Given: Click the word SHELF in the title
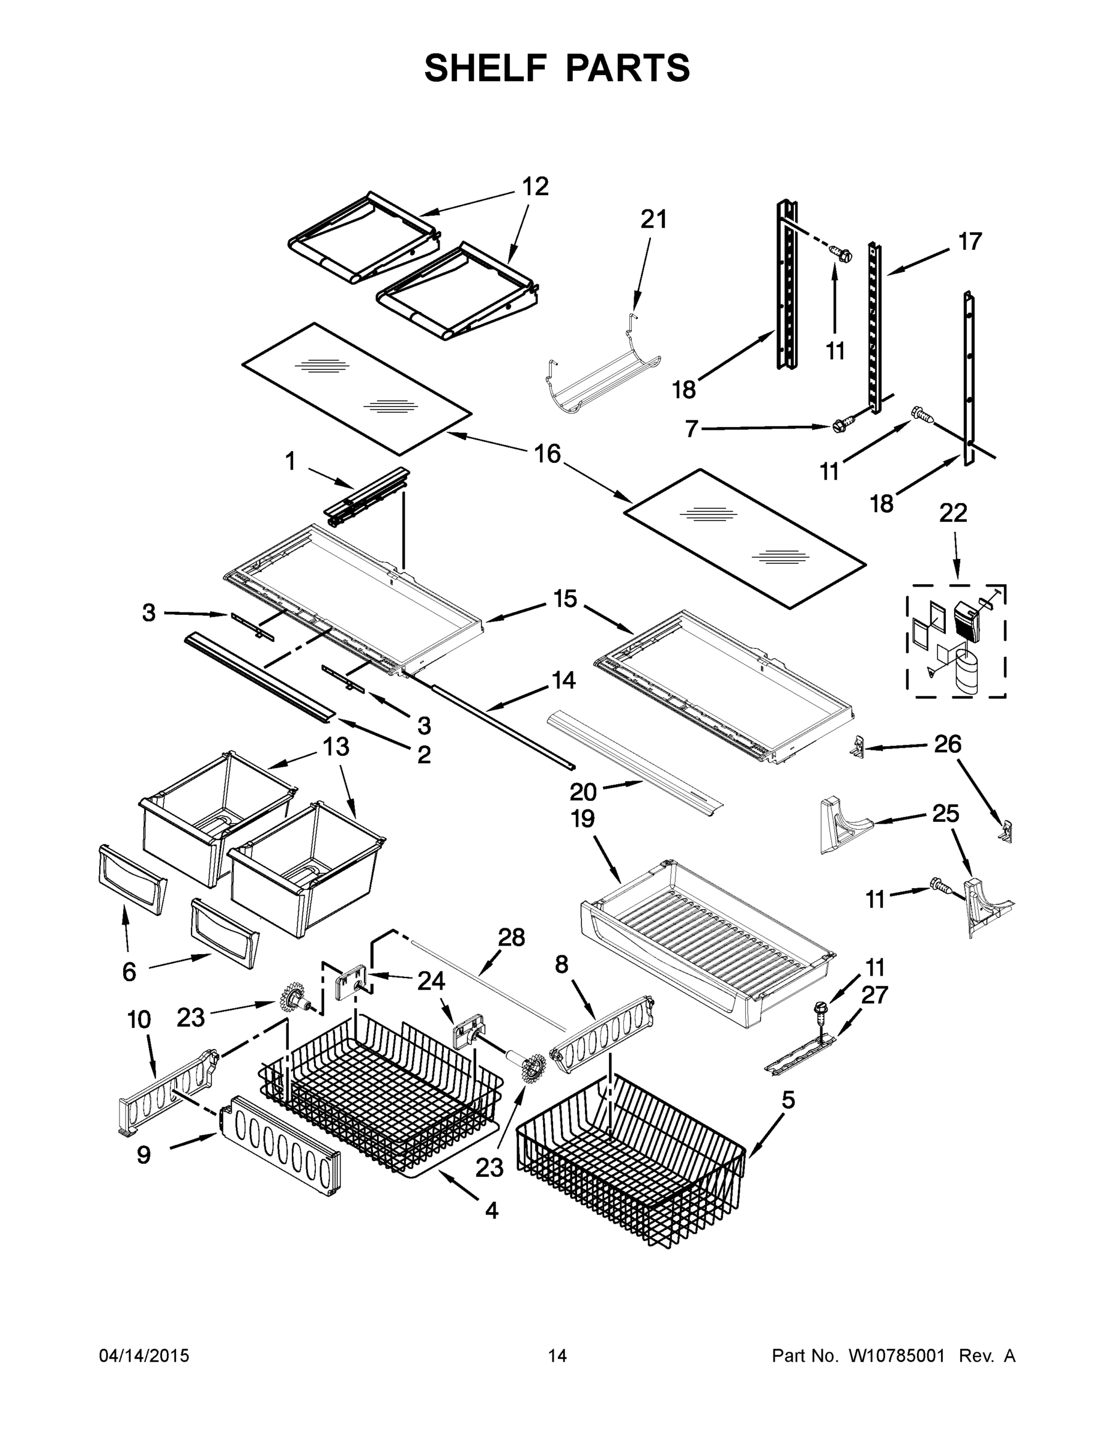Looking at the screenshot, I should (x=486, y=68).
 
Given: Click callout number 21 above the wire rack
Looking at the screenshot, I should (x=653, y=220).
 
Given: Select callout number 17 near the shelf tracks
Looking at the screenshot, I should (x=969, y=241).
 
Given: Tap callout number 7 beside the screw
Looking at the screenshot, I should (x=691, y=429).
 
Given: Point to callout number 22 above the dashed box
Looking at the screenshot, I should (x=952, y=513).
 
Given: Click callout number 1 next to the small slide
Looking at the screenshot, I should (x=291, y=461).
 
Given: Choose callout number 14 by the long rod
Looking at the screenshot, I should (x=563, y=680).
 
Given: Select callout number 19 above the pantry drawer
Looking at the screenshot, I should (x=583, y=819).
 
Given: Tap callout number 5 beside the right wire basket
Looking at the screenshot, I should (x=788, y=1101).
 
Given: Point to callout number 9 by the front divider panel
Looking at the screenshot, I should (x=143, y=1155).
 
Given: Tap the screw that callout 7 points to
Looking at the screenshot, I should (x=838, y=426).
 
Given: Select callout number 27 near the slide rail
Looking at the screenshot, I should (x=874, y=995).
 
